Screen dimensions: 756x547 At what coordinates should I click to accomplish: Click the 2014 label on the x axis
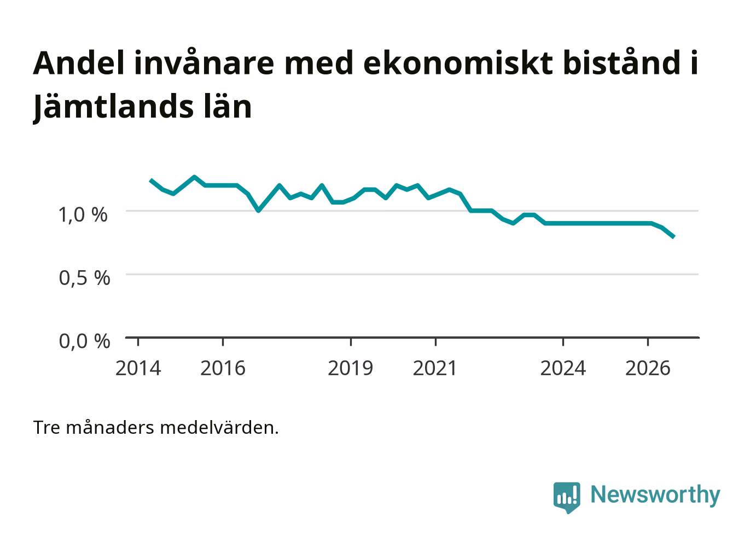138,368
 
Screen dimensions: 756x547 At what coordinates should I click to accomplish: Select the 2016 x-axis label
223,368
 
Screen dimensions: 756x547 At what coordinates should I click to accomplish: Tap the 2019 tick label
350,368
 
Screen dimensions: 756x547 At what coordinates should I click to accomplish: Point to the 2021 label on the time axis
435,368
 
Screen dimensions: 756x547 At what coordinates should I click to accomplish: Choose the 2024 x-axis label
563,368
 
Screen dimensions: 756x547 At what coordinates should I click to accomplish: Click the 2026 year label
648,368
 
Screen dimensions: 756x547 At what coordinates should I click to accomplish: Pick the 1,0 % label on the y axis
83,215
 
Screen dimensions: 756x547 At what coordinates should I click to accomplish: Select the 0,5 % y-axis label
84,278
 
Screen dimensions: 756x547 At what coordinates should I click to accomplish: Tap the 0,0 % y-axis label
84,341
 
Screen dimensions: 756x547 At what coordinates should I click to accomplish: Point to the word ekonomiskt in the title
458,63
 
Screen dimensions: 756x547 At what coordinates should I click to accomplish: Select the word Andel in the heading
79,63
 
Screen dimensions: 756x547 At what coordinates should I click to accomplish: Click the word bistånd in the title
621,63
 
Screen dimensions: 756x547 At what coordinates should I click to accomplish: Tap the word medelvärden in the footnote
219,428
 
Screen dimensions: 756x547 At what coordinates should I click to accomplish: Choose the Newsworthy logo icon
567,497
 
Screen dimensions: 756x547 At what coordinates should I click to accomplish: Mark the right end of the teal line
673,237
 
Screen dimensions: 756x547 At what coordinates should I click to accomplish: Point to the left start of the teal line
150,180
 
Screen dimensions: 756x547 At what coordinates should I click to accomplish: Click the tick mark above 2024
563,341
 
